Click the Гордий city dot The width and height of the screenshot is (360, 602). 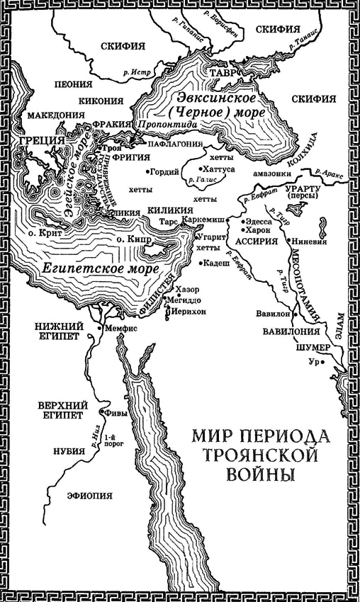coord(148,171)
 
